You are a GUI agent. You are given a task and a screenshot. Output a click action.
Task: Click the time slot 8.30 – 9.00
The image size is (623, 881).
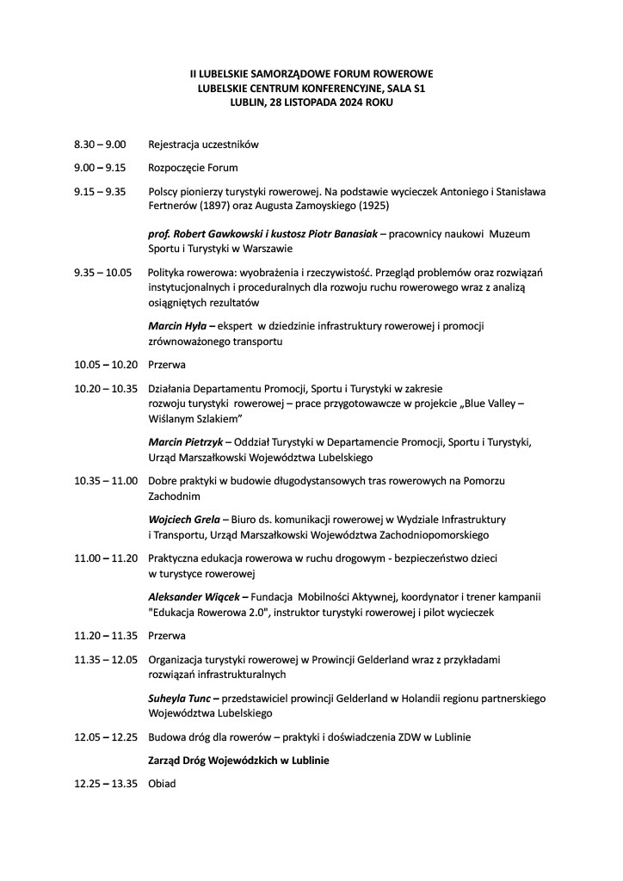tap(100, 145)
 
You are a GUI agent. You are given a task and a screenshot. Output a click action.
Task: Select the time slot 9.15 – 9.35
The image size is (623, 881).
tap(100, 191)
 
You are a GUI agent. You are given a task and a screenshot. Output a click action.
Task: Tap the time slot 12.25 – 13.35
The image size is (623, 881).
tap(106, 784)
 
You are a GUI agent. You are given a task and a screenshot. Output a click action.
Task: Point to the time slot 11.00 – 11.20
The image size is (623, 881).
tap(106, 558)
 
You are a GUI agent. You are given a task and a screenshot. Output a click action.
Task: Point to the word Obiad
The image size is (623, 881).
tap(162, 784)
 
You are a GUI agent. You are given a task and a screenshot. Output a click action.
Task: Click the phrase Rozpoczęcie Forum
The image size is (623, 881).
tap(193, 168)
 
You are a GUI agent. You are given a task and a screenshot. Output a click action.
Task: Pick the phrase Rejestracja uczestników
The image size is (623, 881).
tap(203, 145)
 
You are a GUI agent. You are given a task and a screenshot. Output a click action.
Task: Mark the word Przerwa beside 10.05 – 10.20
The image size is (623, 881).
tap(167, 365)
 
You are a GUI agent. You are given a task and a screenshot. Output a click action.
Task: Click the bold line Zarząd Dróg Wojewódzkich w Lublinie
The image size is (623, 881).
tap(239, 761)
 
